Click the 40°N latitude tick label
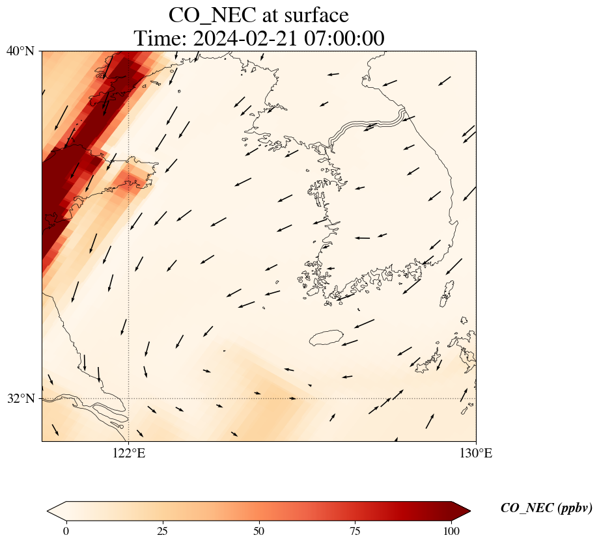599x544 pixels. pos(20,51)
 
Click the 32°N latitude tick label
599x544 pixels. pos(20,398)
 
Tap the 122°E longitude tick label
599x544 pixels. pos(129,453)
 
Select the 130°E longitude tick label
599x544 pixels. pos(476,453)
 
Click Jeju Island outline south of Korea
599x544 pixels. pos(326,338)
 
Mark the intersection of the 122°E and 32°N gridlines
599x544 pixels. pos(129,398)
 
